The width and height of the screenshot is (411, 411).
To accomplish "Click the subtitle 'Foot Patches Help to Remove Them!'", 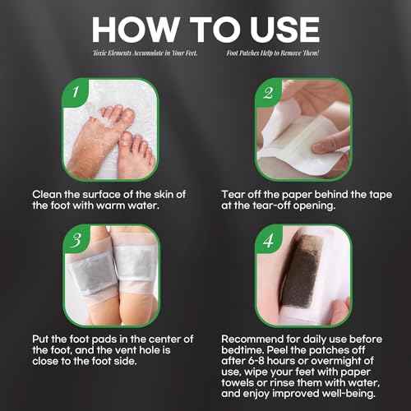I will (275, 53).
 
